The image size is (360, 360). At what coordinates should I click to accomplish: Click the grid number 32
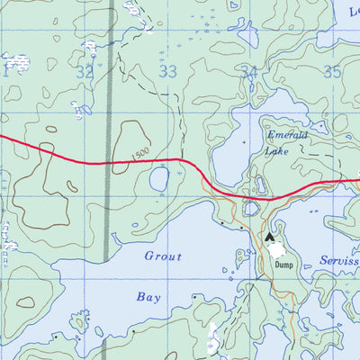(x=85, y=71)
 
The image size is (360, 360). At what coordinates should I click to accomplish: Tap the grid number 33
(x=167, y=71)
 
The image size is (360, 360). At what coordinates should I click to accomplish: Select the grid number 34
(x=250, y=72)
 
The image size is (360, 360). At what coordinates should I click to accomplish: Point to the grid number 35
(x=332, y=72)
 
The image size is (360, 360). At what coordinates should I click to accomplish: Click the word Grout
(x=163, y=256)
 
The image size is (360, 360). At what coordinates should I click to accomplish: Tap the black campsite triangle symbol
(x=269, y=238)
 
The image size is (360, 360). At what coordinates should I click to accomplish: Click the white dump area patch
(x=279, y=248)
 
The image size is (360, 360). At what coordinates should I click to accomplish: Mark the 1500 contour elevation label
(x=140, y=155)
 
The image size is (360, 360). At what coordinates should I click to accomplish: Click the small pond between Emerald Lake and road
(x=260, y=184)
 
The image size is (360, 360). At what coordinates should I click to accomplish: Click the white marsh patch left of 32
(x=15, y=61)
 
